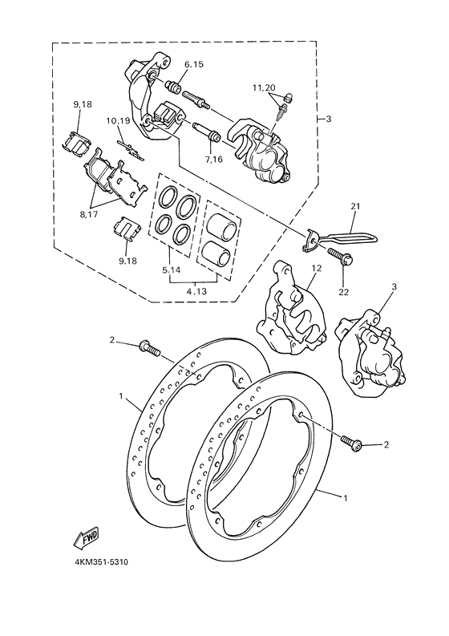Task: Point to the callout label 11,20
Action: click(x=264, y=86)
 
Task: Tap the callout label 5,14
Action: click(x=171, y=270)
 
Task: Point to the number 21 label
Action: click(x=354, y=206)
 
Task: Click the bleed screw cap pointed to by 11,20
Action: click(x=286, y=99)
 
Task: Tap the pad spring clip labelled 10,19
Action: click(x=127, y=148)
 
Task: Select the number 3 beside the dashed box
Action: click(x=328, y=118)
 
